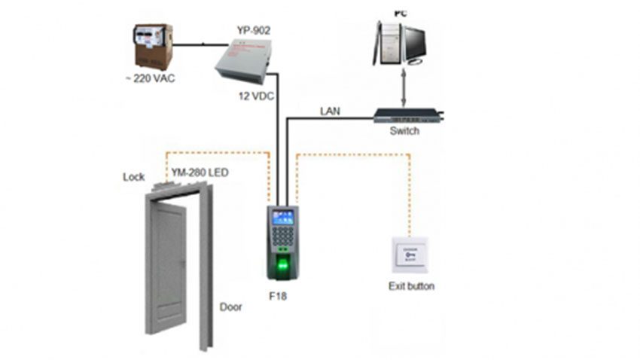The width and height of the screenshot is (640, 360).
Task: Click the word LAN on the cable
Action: [x=330, y=111]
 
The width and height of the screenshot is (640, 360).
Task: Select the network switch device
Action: [x=407, y=115]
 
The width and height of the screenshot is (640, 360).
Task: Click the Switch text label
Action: [x=404, y=131]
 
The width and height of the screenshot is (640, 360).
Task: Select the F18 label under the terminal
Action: [x=279, y=296]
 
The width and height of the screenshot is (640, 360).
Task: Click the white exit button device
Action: [x=410, y=255]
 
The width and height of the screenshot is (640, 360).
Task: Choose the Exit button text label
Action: [x=411, y=286]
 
